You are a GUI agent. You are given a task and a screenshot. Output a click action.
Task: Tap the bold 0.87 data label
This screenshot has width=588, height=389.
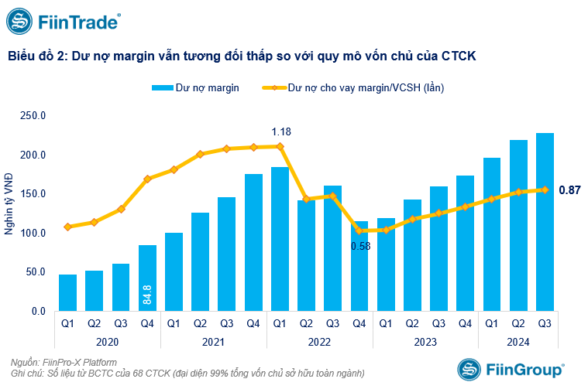pos(569,189)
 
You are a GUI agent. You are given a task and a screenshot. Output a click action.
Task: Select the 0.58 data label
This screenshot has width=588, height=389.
pos(360,246)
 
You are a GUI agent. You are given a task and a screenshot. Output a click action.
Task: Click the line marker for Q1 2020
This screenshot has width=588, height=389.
pos(67,227)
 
